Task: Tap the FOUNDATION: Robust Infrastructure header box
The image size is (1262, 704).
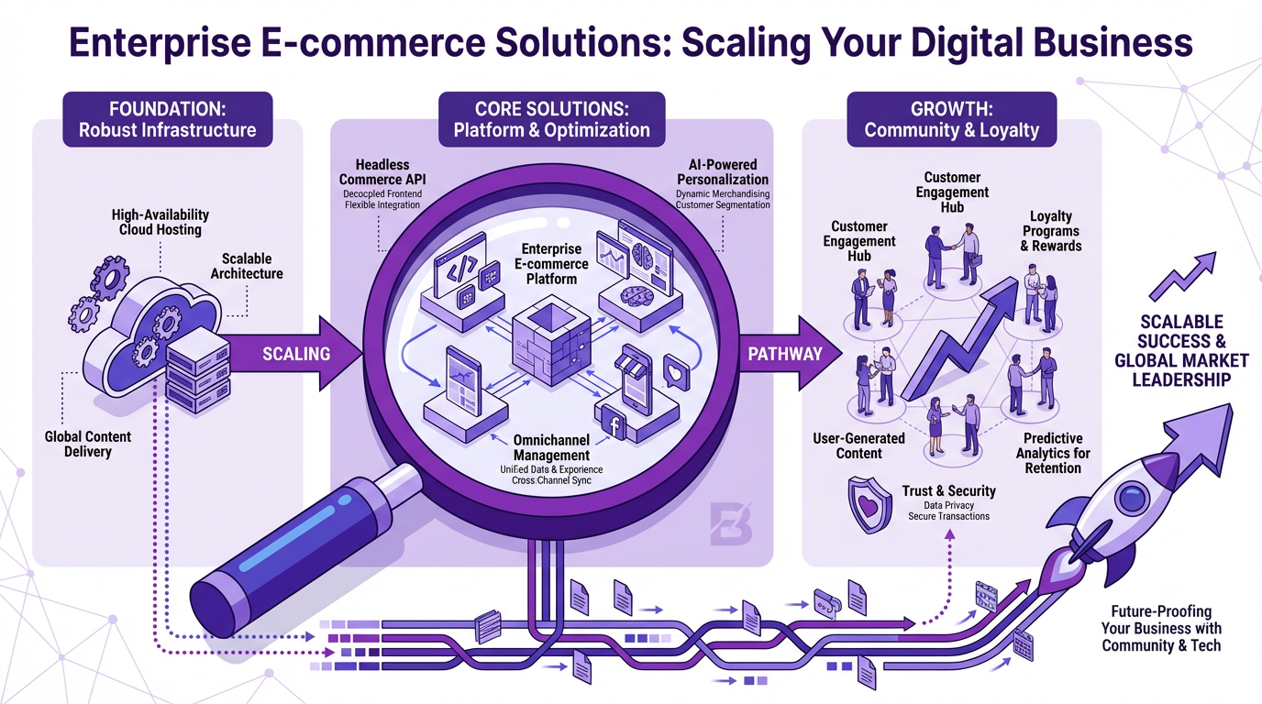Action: point(167,117)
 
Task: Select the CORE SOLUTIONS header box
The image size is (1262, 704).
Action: point(551,117)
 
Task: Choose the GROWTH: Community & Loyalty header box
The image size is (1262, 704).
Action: point(951,117)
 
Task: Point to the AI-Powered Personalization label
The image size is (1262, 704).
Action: point(722,172)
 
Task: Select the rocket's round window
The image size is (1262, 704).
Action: point(1127,500)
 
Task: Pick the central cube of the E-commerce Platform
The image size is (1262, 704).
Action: point(549,334)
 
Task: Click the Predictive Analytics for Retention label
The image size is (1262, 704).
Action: point(1053,453)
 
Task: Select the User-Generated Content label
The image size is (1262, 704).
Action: point(858,445)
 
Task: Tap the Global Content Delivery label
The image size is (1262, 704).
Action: point(88,444)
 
